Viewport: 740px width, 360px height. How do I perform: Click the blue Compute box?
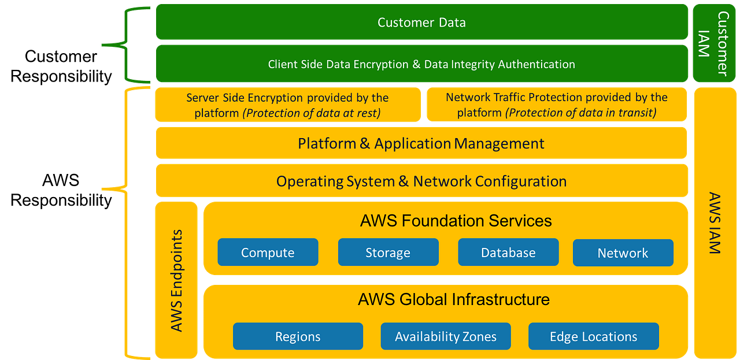click(x=268, y=253)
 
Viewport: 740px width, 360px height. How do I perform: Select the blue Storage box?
click(x=388, y=253)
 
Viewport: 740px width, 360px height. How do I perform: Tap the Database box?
click(x=508, y=253)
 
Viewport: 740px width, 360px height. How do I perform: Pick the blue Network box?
click(x=623, y=253)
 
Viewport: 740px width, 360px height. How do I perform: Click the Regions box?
click(x=298, y=336)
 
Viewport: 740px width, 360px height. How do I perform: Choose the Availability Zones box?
click(x=446, y=336)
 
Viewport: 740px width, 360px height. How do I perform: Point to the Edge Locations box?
click(x=593, y=336)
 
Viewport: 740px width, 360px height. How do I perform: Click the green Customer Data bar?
click(x=421, y=23)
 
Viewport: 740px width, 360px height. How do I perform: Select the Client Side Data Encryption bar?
click(x=421, y=64)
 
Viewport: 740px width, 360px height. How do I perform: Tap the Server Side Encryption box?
click(x=287, y=105)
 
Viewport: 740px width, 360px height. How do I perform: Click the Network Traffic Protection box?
click(x=556, y=105)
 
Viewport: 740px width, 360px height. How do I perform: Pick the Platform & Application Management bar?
click(x=421, y=143)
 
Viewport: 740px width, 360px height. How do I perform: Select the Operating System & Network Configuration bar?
click(x=421, y=181)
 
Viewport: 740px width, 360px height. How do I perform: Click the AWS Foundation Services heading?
click(x=456, y=221)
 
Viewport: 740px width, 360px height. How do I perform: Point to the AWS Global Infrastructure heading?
click(x=454, y=299)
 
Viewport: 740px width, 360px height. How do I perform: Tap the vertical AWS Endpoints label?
click(x=177, y=281)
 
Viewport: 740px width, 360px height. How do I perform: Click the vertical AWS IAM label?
click(x=715, y=223)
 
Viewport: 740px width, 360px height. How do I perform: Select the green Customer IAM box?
click(x=714, y=43)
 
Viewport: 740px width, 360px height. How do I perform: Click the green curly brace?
click(x=124, y=44)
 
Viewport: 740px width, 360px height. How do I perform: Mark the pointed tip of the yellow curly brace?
click(x=103, y=189)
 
